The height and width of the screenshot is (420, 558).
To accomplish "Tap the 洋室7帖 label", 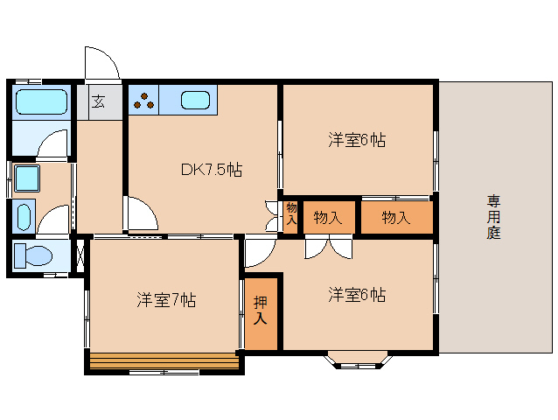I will click(x=166, y=300).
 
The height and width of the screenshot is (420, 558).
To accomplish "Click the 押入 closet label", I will click(x=261, y=311).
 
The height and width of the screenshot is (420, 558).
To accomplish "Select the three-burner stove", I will click(x=144, y=100).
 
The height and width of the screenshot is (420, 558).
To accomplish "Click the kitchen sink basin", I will click(x=196, y=100).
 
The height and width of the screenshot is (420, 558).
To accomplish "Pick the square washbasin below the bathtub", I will click(x=26, y=178).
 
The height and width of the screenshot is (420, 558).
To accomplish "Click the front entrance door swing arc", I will click(x=101, y=63).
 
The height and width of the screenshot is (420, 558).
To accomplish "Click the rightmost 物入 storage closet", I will click(x=396, y=217).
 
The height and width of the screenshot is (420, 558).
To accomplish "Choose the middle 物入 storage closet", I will click(x=328, y=217).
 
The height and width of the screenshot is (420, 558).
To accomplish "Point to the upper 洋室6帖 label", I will click(x=357, y=139).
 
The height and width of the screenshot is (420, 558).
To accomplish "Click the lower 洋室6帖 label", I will click(x=357, y=294).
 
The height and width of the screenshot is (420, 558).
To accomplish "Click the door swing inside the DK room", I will click(x=140, y=215).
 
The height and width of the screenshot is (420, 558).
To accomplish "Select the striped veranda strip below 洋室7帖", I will click(x=164, y=358).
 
